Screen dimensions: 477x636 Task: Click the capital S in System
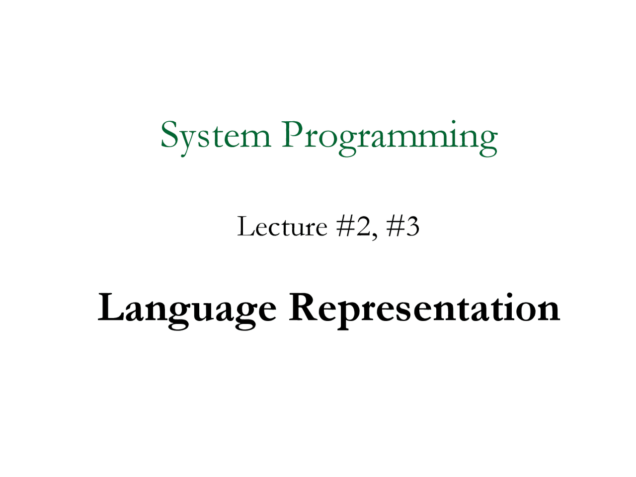coord(169,135)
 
